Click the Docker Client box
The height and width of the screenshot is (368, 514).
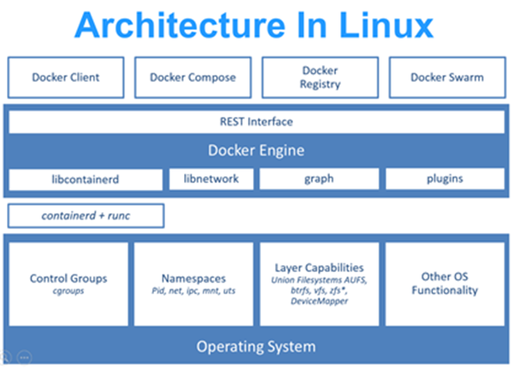(x=65, y=77)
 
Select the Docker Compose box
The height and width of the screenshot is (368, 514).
(x=193, y=77)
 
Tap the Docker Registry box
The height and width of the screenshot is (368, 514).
(x=319, y=77)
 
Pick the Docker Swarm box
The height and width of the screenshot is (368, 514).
(x=447, y=77)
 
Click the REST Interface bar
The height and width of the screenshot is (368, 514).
(x=256, y=122)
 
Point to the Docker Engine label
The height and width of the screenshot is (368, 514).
(x=256, y=150)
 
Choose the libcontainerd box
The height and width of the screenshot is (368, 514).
(x=85, y=179)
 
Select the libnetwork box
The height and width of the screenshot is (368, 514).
(x=211, y=178)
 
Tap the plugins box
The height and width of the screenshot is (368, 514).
(x=444, y=178)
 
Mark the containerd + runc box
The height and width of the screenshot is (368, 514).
(x=85, y=216)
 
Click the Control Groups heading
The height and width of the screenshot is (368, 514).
(x=68, y=279)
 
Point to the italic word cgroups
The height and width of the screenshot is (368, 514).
(x=68, y=291)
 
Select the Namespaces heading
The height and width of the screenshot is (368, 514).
(x=193, y=279)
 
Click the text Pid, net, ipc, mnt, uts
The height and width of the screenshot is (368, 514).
(x=193, y=291)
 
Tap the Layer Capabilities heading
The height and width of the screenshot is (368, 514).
(x=319, y=268)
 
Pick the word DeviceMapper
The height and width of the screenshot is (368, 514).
(x=319, y=301)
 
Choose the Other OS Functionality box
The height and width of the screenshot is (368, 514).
(x=444, y=283)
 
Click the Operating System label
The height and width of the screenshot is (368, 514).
(x=256, y=346)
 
